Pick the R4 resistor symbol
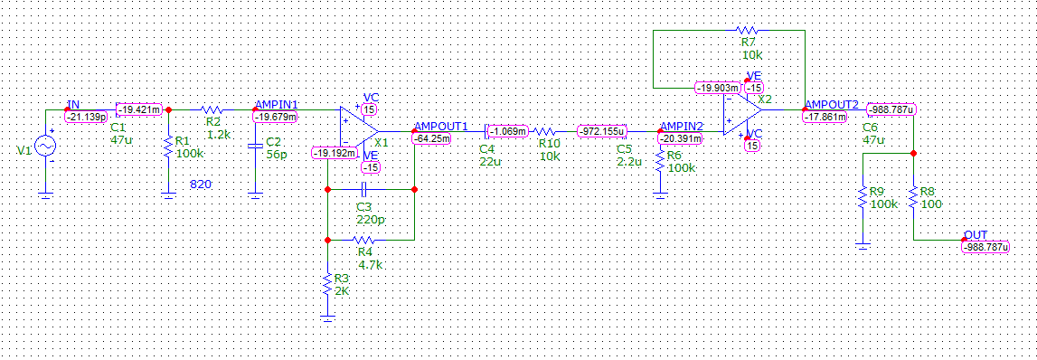(363, 239)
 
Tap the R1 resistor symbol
(168, 147)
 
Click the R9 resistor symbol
(863, 196)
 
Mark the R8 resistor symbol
(913, 196)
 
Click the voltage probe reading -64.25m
(430, 139)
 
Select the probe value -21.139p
(87, 117)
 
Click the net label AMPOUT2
(831, 105)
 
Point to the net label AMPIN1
(277, 105)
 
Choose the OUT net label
(976, 235)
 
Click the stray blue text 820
(201, 184)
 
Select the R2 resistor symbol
(212, 109)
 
